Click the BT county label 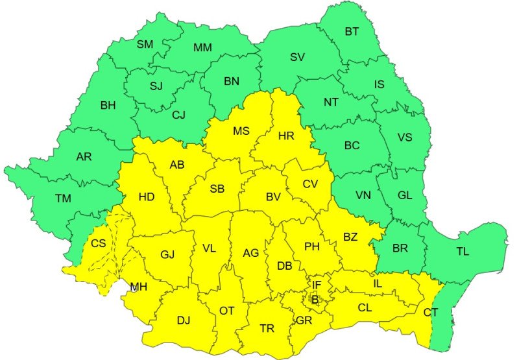352,31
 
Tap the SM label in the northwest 145,45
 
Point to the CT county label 431,313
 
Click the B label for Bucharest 315,299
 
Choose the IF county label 317,285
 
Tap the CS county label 98,244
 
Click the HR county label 286,136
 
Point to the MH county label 138,286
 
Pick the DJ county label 184,319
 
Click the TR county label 267,329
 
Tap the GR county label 304,320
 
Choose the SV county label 297,57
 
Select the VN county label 363,195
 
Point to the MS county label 241,131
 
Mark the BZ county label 350,237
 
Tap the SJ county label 156,86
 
